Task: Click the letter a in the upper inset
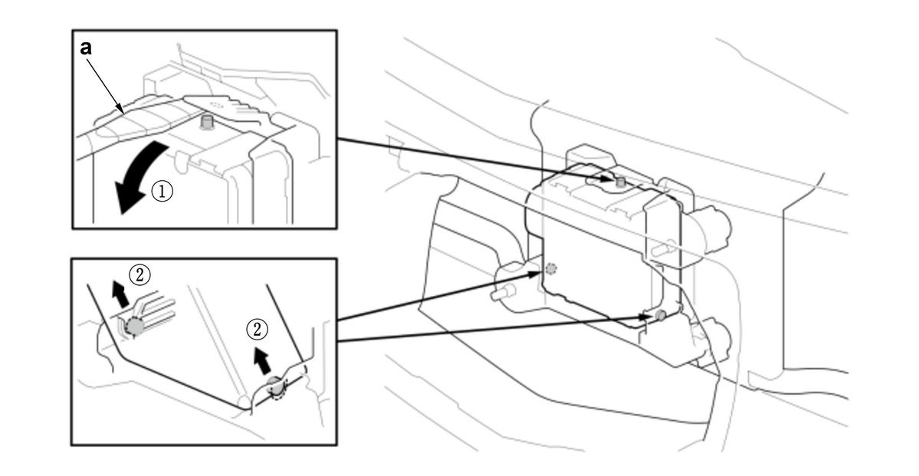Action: tap(86, 48)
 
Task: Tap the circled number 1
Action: tap(162, 191)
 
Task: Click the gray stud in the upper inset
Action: tap(206, 122)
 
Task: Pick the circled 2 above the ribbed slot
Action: tap(139, 274)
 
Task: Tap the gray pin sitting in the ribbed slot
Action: tap(134, 326)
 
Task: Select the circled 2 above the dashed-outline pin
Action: tap(256, 330)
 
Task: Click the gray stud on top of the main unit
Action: tap(620, 182)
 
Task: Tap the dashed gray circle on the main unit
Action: tap(550, 269)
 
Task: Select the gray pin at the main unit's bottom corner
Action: tap(661, 315)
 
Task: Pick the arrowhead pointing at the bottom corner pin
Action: tap(648, 317)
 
